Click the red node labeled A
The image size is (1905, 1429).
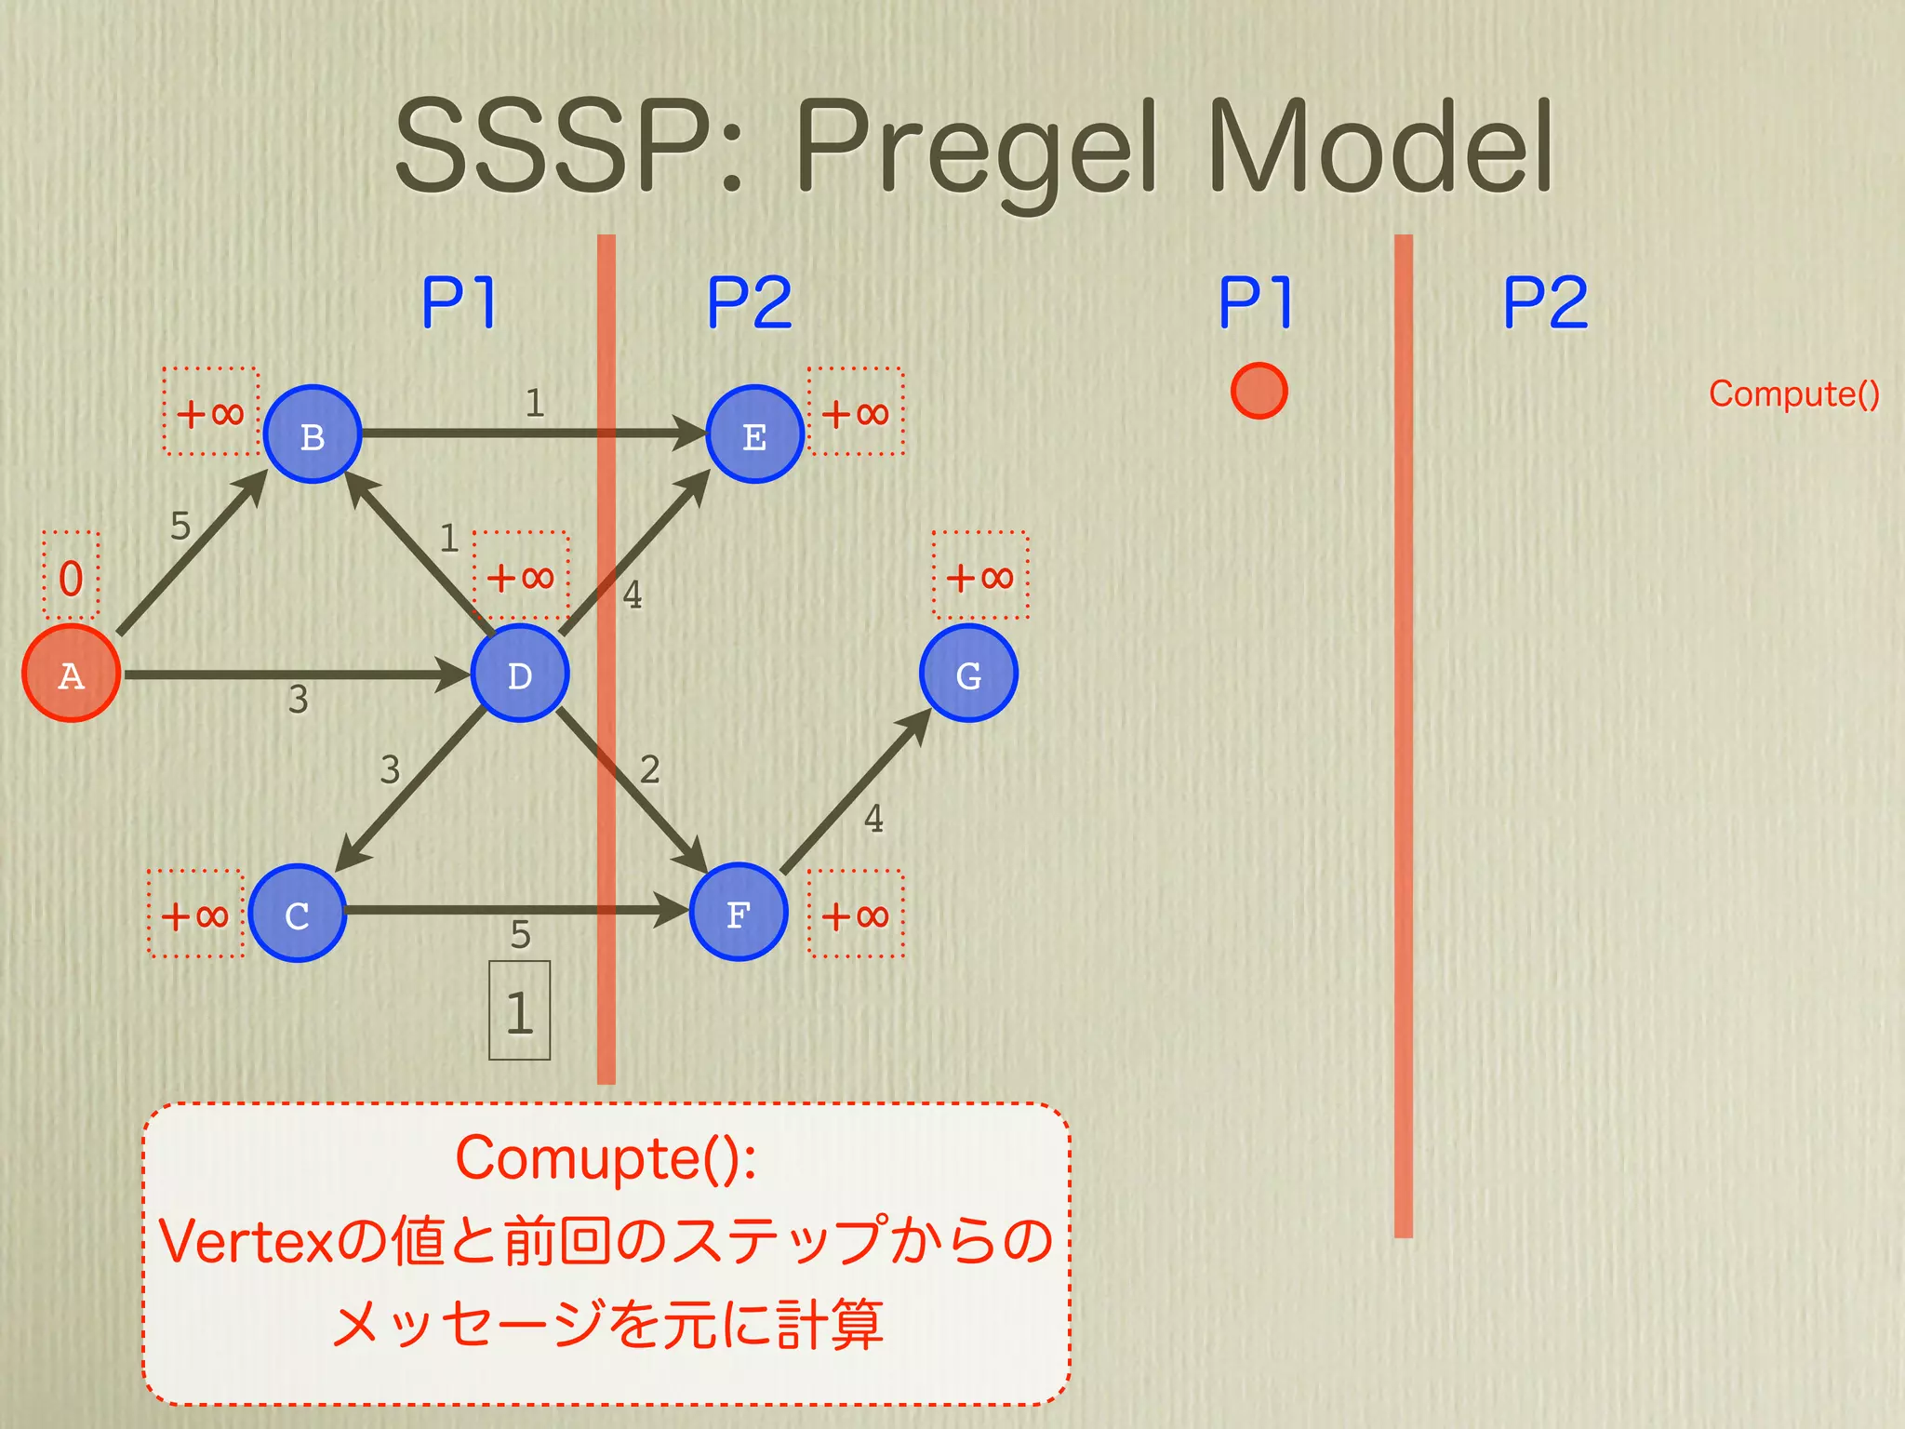pos(71,674)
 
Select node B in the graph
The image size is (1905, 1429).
pos(313,434)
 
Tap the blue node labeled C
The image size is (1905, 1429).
pos(297,914)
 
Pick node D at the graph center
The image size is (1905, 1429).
pos(519,674)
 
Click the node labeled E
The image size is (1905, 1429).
pos(754,434)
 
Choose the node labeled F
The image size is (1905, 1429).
pos(739,913)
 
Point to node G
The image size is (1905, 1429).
pos(968,674)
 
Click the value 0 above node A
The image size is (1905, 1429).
pos(71,578)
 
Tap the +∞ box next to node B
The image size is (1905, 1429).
pos(210,411)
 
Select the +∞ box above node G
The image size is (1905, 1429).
pos(980,576)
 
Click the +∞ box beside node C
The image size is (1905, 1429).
pos(195,915)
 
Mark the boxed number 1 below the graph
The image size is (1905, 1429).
pos(520,1011)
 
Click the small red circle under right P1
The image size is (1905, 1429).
pos(1259,391)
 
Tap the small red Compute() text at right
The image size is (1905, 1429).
pos(1793,394)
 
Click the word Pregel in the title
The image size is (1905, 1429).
pos(977,149)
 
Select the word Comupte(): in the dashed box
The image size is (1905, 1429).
pos(606,1159)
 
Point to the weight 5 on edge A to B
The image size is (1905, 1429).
pos(180,527)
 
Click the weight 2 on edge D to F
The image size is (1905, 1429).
pos(650,769)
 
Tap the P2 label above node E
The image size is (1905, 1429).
pos(750,302)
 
